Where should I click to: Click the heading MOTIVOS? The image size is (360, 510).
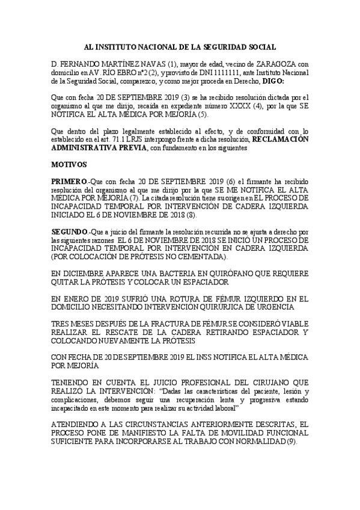pos(69,164)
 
